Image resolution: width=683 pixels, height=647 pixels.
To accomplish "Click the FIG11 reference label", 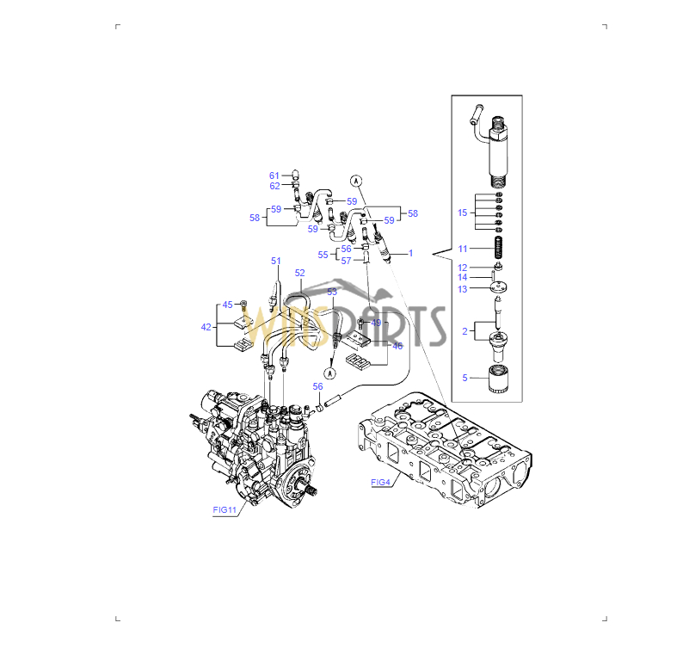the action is pyautogui.click(x=225, y=509).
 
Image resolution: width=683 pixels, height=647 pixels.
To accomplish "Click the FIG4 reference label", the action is pyautogui.click(x=380, y=483).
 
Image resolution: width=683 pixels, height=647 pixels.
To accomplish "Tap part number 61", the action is pyautogui.click(x=274, y=176).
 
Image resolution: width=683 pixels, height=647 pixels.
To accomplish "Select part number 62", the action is pyautogui.click(x=274, y=186).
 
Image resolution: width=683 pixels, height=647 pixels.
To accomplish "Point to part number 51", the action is pyautogui.click(x=276, y=261).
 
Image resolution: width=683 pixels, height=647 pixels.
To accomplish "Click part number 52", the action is pyautogui.click(x=299, y=273).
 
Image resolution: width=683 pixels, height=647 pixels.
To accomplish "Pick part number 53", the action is pyautogui.click(x=332, y=292).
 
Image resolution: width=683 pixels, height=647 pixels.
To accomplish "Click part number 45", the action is pyautogui.click(x=227, y=305).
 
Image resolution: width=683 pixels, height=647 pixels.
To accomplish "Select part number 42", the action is pyautogui.click(x=206, y=327).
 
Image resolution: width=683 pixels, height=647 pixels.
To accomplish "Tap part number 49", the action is pyautogui.click(x=376, y=323).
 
